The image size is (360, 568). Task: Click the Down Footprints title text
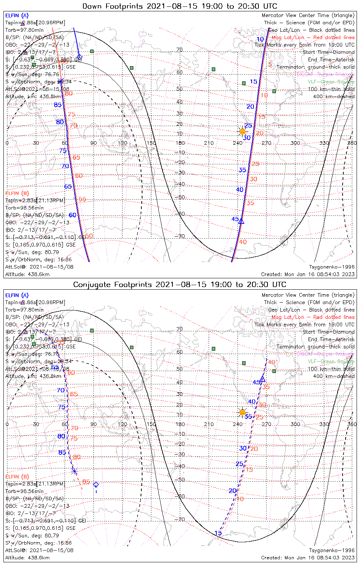(x=180, y=6)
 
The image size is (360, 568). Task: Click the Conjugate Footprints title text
(x=180, y=284)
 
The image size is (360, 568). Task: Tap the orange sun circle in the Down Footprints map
(x=243, y=131)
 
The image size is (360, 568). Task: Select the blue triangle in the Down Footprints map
(x=241, y=221)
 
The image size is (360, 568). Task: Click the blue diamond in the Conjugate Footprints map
(x=96, y=485)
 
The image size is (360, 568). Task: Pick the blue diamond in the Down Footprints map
(x=79, y=57)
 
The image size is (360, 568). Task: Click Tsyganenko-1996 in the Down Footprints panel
(x=332, y=267)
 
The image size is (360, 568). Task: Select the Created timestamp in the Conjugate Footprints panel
(x=308, y=558)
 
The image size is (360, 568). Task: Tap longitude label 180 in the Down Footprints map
(x=180, y=143)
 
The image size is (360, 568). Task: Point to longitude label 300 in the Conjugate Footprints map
(x=295, y=424)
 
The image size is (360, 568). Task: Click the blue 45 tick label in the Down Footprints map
(x=235, y=219)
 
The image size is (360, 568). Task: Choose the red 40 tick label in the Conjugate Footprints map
(x=271, y=362)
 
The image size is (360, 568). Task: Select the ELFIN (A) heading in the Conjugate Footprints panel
(x=17, y=295)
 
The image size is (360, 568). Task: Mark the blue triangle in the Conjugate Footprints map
(x=262, y=379)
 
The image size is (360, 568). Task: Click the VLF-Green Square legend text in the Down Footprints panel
(x=331, y=82)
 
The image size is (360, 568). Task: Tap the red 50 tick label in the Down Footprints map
(x=89, y=236)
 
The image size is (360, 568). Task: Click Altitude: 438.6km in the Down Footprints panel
(x=27, y=274)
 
